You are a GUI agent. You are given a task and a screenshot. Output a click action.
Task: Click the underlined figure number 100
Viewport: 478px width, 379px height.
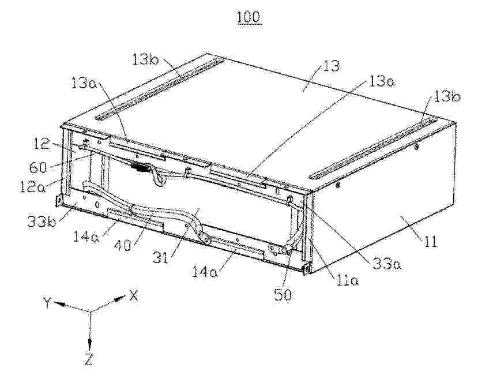click(x=249, y=18)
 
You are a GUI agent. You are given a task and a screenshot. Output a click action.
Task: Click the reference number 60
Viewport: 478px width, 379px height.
click(x=39, y=167)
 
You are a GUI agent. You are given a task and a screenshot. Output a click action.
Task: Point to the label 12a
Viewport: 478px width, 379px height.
click(x=32, y=186)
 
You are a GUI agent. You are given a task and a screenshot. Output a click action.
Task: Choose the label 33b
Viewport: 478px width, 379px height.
click(x=42, y=222)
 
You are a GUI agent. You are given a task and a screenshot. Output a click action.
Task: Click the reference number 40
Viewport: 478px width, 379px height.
click(x=123, y=244)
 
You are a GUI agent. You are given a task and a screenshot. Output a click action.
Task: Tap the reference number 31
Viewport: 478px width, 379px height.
click(x=161, y=258)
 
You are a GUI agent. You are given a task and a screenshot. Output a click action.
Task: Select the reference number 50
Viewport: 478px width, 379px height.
click(x=283, y=295)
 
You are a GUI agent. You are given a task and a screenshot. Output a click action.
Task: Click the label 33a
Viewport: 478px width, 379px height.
click(x=387, y=264)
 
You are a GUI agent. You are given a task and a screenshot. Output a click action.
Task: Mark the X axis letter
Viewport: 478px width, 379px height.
click(x=134, y=295)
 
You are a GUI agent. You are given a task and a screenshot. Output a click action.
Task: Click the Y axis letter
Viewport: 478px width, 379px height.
click(x=47, y=303)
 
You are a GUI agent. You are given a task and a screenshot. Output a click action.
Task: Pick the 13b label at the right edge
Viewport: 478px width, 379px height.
click(x=447, y=97)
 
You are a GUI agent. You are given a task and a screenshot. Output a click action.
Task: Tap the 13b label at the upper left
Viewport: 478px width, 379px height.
click(x=145, y=59)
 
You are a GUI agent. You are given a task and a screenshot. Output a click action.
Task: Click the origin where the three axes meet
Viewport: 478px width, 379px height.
click(x=90, y=312)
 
